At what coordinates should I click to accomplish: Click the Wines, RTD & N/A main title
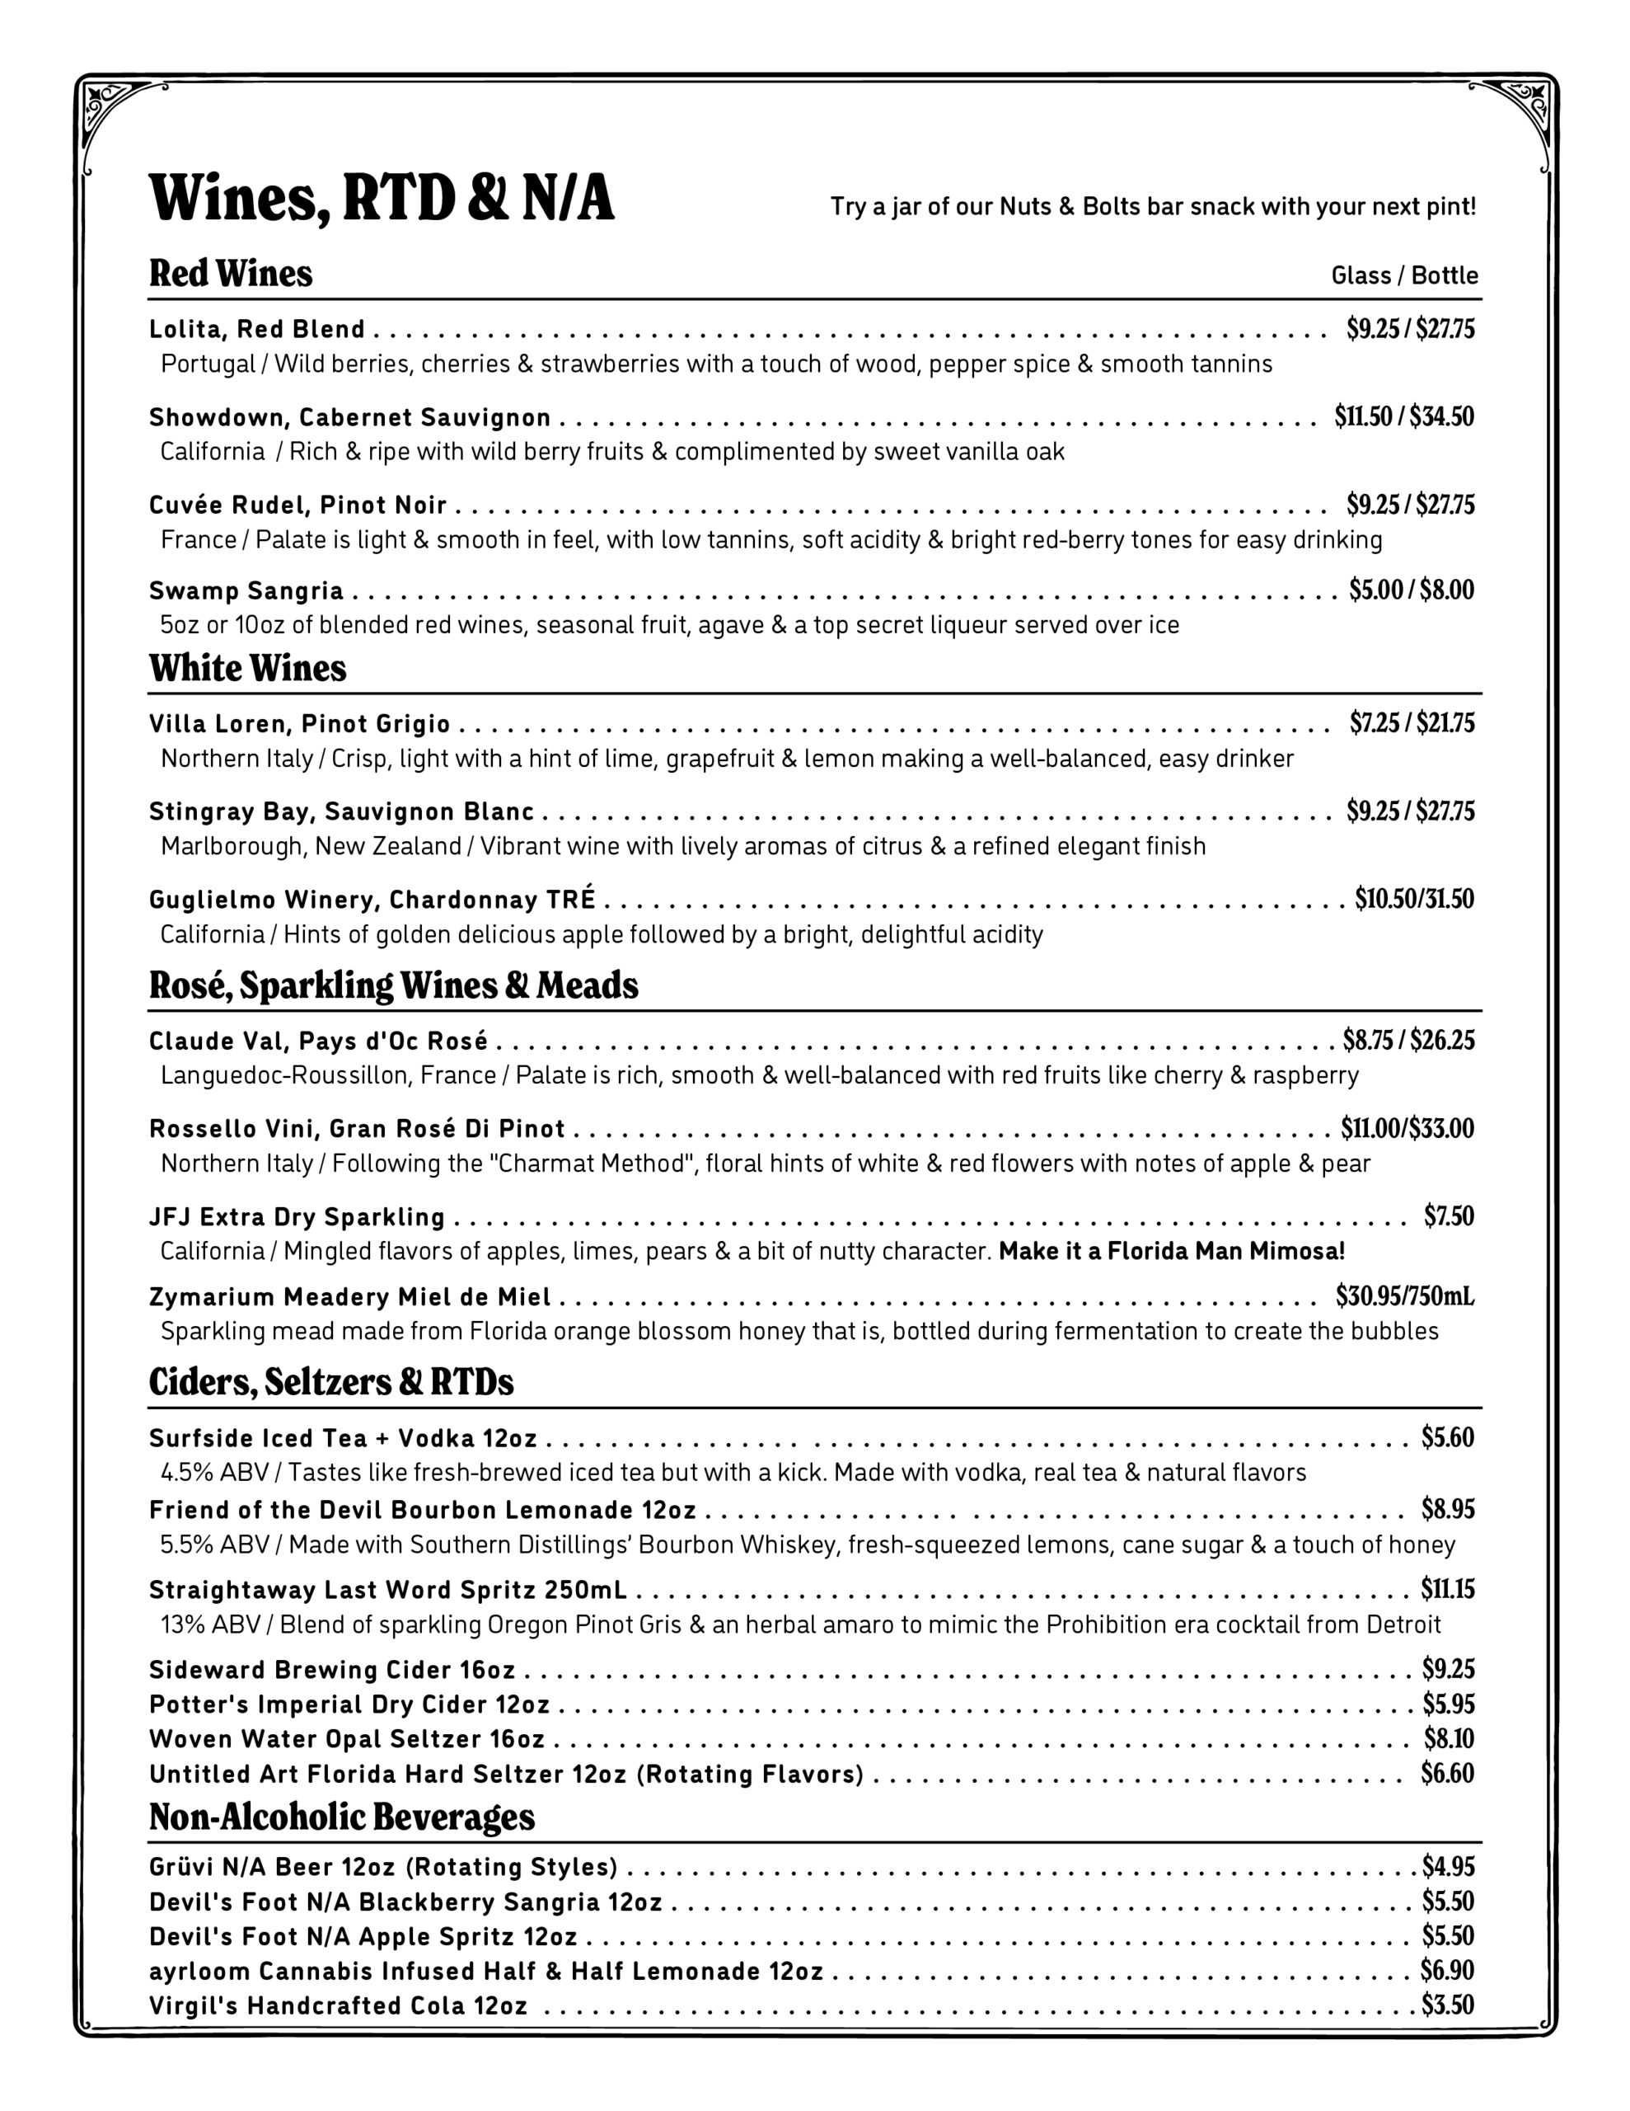382,198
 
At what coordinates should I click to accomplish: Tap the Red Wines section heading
231,274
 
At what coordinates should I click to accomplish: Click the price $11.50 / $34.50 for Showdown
1404,416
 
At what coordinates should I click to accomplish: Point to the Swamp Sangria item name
246,590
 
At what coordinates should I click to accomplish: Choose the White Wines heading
247,668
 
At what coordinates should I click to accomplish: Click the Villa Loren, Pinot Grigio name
299,724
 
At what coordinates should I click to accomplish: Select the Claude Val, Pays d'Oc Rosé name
319,1041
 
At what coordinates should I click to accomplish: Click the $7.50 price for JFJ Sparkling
1449,1216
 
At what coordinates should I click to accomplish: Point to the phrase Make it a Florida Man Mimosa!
1171,1252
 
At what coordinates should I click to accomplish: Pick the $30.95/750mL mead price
1405,1295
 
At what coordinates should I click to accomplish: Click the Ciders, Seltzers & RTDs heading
331,1381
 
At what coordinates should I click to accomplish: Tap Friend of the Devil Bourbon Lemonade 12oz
422,1510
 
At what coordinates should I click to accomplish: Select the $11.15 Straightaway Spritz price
1447,1589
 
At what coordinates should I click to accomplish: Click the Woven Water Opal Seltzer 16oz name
347,1739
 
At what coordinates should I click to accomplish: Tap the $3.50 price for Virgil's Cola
1447,2005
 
